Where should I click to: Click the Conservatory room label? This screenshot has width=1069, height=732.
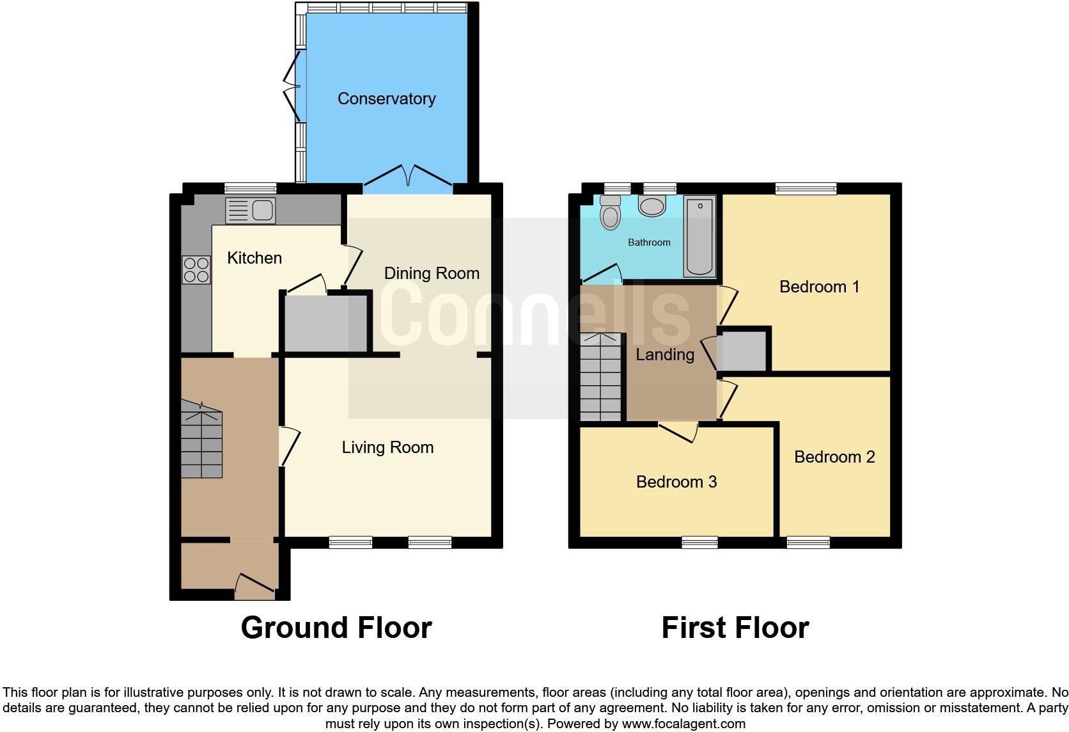tap(386, 99)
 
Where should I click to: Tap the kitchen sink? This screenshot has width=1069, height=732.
tap(251, 211)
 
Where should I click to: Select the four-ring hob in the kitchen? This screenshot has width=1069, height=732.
tap(196, 269)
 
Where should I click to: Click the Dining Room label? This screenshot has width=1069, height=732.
tap(432, 273)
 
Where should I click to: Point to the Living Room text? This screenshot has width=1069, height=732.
tap(387, 447)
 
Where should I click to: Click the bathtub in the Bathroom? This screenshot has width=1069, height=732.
tap(699, 237)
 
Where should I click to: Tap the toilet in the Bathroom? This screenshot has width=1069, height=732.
tap(611, 212)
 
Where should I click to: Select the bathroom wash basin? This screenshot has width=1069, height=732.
tap(652, 206)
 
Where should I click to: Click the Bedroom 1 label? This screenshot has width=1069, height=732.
tap(819, 287)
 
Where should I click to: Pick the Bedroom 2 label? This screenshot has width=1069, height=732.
tap(834, 457)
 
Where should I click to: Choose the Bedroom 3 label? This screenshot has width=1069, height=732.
tap(676, 482)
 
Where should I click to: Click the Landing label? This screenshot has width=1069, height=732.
tap(665, 354)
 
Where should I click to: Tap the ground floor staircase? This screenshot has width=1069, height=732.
tap(201, 442)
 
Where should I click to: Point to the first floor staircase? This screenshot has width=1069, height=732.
tap(600, 378)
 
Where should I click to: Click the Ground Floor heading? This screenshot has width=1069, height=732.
tap(336, 628)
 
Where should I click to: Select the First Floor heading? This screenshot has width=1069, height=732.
tap(735, 628)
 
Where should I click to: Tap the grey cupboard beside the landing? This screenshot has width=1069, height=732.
tap(743, 351)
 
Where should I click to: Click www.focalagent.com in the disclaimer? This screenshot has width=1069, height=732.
tap(683, 724)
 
